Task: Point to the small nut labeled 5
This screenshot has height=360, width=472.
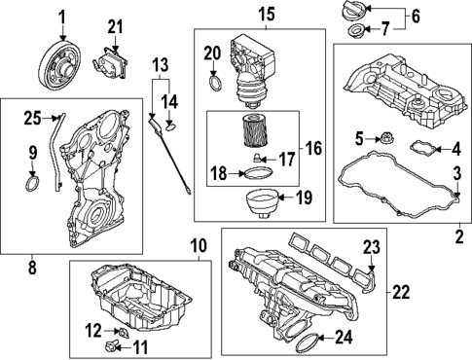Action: [384, 139]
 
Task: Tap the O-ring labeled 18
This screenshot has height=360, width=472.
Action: [257, 174]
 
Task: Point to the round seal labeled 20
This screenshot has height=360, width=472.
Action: [215, 82]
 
